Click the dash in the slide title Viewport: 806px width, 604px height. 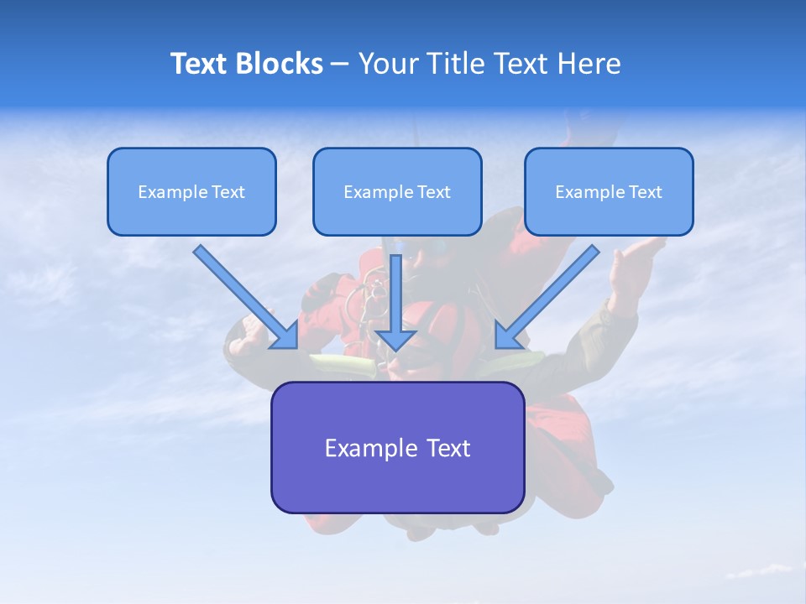pos(340,64)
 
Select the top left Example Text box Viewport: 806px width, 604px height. pos(191,191)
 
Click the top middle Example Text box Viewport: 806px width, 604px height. pos(397,191)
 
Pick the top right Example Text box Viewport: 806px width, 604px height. pos(609,191)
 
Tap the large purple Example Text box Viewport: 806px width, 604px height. pos(397,447)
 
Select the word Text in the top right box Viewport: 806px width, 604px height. pos(645,192)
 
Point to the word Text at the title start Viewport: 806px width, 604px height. pos(198,64)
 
